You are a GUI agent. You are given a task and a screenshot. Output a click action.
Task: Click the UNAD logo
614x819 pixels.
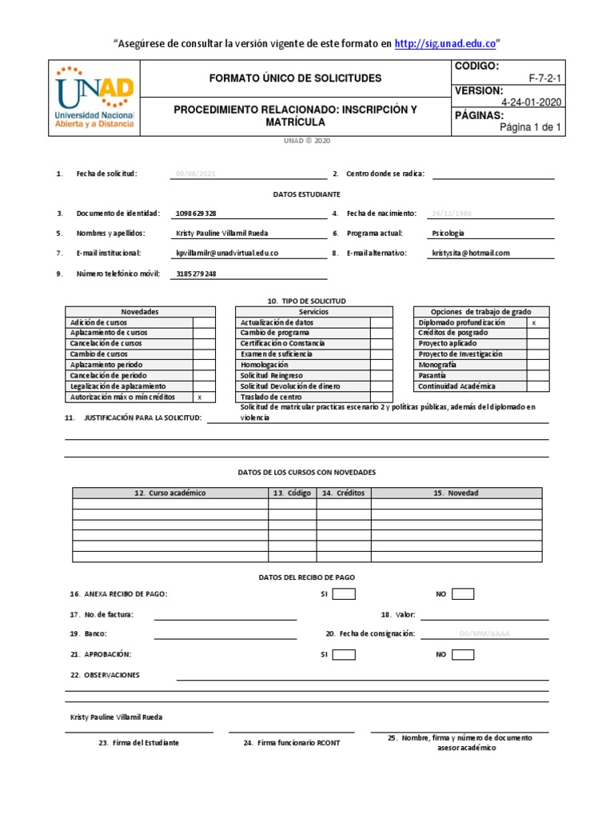coord(94,98)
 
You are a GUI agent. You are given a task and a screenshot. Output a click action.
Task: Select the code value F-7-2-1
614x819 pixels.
coord(544,78)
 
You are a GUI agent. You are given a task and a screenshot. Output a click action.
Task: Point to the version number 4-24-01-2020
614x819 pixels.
coord(531,102)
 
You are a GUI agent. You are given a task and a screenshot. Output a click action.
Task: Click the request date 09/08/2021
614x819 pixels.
coord(195,174)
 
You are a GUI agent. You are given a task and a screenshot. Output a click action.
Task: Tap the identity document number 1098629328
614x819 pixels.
coord(195,214)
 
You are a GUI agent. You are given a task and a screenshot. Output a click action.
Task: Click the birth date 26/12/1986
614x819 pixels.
coord(452,214)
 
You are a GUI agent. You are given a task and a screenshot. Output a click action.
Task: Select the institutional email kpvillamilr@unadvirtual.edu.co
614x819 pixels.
coord(227,253)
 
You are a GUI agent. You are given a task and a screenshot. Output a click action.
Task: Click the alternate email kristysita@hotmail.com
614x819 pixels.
coord(470,253)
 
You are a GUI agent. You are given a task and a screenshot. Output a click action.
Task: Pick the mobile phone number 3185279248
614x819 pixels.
coord(195,274)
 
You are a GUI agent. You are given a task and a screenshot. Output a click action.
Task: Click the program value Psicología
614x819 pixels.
coord(448,234)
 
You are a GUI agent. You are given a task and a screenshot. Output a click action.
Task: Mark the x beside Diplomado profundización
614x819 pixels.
coord(534,322)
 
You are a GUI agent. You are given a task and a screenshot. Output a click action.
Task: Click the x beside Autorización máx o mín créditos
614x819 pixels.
coord(200,397)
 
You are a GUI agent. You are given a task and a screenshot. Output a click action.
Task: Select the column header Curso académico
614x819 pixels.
coord(169,493)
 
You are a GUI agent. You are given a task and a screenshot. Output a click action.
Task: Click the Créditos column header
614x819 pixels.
coord(344,493)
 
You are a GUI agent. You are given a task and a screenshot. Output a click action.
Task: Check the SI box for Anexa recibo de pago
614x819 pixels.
coord(344,593)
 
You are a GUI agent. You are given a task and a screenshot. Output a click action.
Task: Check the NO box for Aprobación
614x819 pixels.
coord(462,654)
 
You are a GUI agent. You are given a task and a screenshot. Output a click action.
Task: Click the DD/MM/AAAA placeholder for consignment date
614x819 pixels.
coord(484,633)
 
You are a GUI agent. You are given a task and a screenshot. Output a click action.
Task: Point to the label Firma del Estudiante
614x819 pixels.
coord(139,743)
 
